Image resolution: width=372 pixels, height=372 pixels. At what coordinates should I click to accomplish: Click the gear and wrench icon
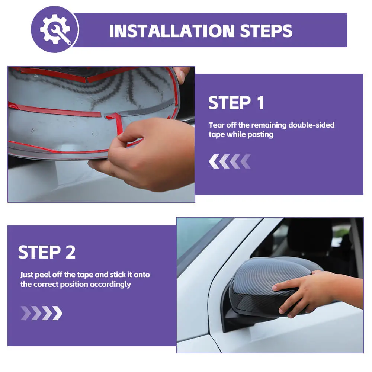point(55,29)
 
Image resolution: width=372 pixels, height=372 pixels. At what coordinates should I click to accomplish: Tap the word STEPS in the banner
point(266,31)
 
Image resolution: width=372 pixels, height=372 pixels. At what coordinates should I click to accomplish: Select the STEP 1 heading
point(236,103)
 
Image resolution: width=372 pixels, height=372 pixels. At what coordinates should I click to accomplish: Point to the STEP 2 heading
point(47,252)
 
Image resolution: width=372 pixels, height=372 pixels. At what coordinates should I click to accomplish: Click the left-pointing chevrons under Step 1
point(230,161)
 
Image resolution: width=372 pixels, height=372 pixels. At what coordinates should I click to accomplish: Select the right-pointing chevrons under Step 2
point(42,313)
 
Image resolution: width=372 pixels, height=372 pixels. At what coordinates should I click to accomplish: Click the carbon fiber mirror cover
point(273,285)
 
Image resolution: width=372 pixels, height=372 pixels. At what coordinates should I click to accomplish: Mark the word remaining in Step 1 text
point(268,125)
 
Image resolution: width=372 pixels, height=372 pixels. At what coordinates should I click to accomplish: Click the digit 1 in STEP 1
point(260,103)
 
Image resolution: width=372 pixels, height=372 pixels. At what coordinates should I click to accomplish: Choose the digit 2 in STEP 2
point(70,252)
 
